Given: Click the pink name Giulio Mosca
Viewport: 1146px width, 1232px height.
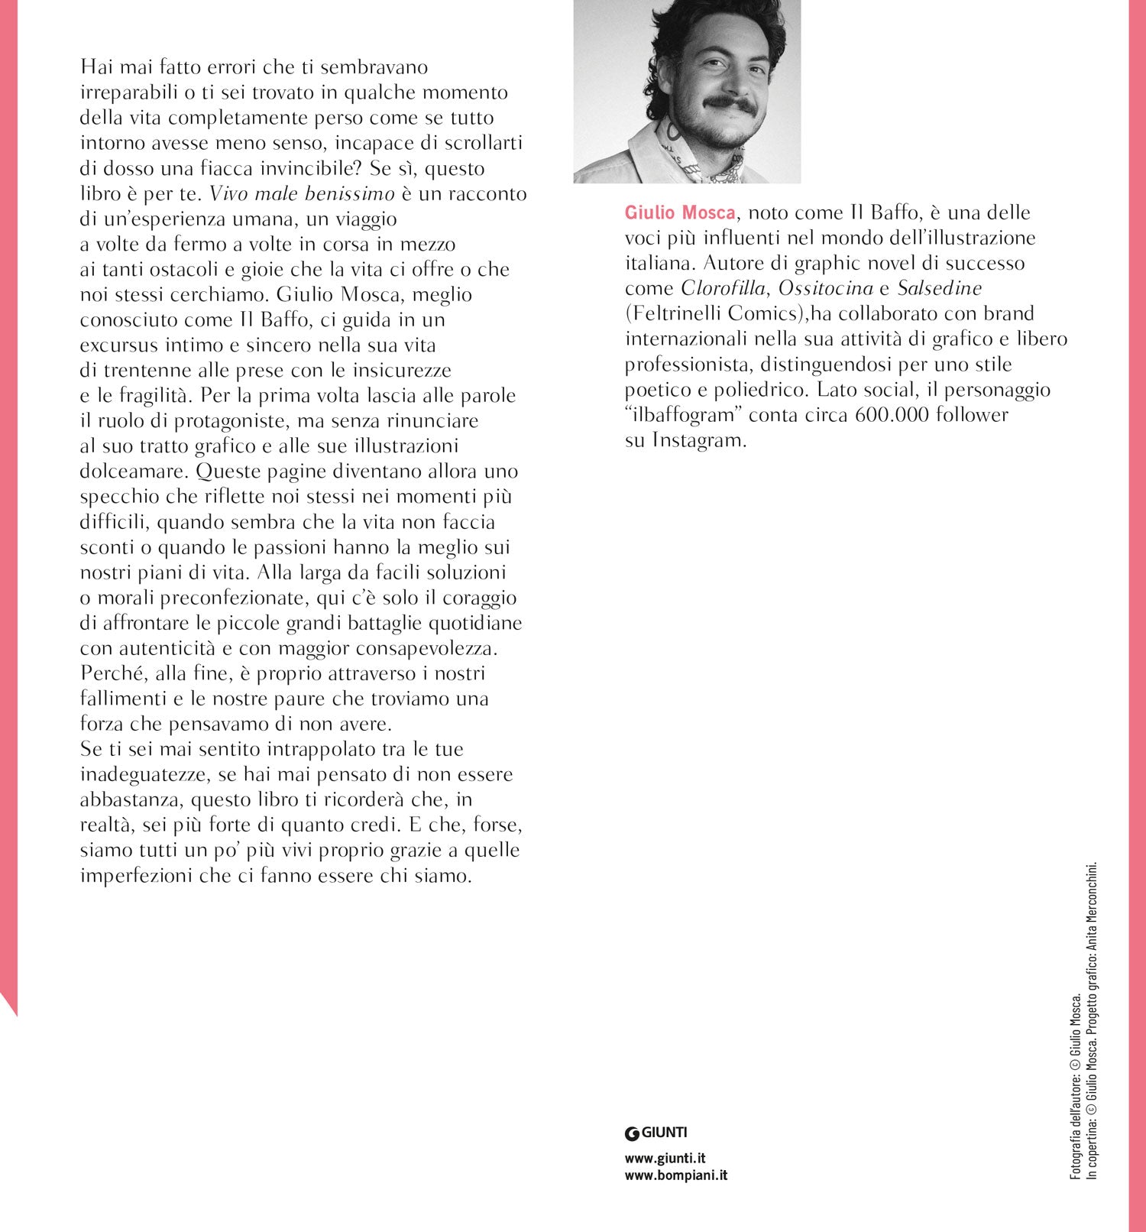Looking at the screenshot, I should [680, 212].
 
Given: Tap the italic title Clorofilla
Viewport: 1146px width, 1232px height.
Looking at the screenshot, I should [722, 288].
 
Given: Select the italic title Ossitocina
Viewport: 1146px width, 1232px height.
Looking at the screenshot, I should [825, 288].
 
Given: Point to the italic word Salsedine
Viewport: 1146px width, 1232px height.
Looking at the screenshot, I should [939, 288].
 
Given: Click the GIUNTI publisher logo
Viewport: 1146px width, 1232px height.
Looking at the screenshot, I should [656, 1133].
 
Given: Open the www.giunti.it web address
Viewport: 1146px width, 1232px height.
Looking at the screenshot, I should [665, 1159].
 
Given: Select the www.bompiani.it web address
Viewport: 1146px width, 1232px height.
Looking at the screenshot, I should [675, 1175].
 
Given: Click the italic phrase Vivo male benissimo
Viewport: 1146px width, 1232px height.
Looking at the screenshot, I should [302, 193].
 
